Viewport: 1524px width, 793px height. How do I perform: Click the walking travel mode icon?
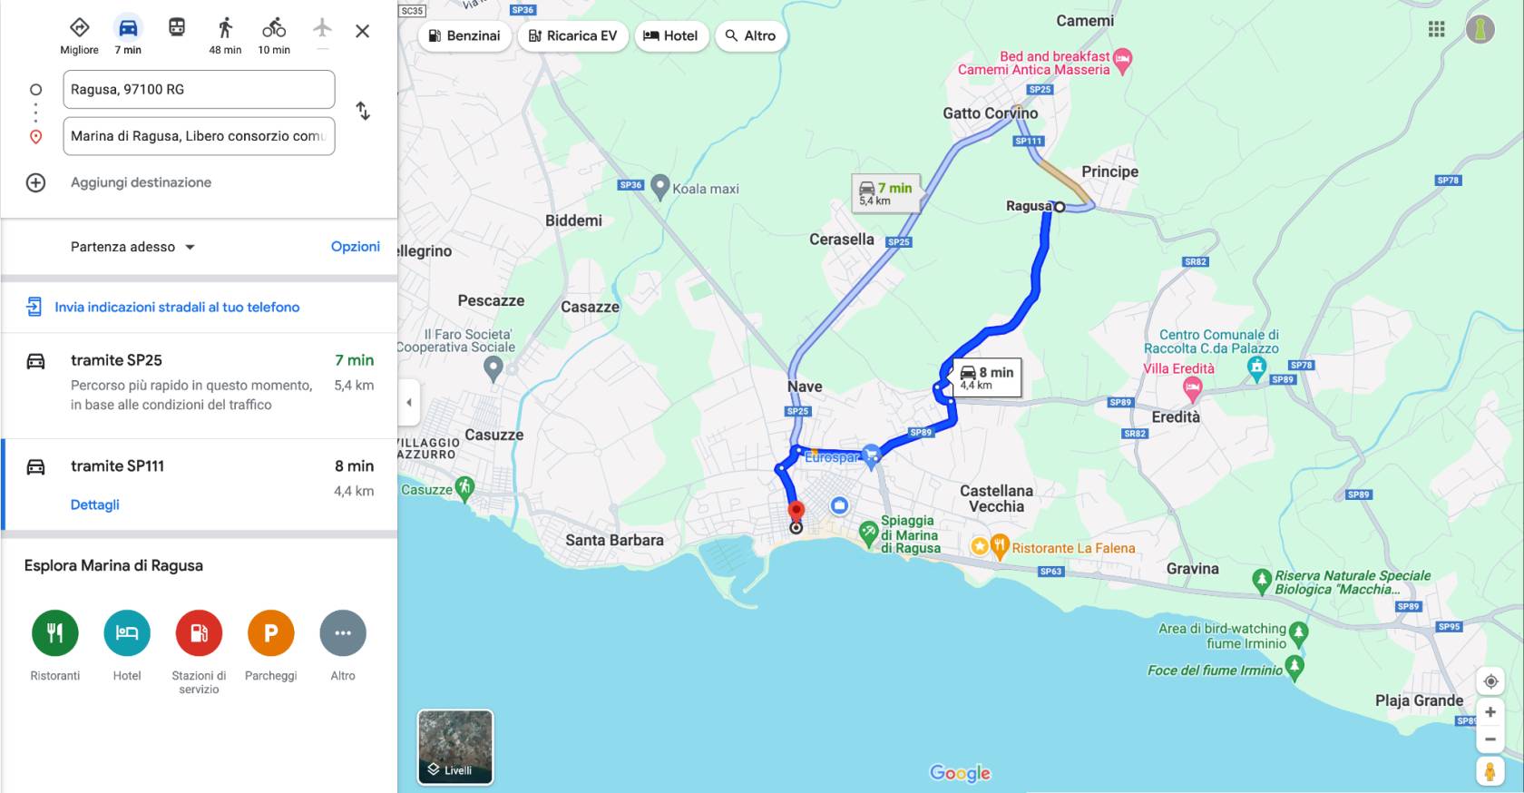[x=225, y=29]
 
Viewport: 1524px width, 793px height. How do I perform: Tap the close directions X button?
[x=362, y=31]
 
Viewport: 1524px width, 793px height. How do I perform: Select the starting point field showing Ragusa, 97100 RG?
[x=199, y=89]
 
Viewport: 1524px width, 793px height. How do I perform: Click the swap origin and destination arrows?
[x=363, y=111]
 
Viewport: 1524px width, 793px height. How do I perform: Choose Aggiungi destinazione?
[x=141, y=182]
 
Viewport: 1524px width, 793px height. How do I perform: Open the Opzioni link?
[x=355, y=247]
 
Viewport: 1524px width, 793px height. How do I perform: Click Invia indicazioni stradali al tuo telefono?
[x=177, y=307]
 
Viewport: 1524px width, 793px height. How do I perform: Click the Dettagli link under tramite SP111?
[x=95, y=504]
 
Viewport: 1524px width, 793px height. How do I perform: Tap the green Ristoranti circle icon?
[x=55, y=632]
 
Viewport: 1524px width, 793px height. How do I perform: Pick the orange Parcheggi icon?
[x=270, y=632]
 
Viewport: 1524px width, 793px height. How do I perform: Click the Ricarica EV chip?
[x=572, y=35]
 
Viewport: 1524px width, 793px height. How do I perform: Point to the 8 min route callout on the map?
[x=987, y=377]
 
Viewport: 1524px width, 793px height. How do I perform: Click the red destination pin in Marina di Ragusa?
[x=796, y=511]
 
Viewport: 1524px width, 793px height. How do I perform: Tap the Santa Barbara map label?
[x=614, y=540]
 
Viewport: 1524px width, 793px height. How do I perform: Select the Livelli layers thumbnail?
[x=455, y=747]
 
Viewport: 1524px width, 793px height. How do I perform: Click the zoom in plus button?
[x=1490, y=712]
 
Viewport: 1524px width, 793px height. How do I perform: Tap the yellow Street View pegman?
[x=1490, y=770]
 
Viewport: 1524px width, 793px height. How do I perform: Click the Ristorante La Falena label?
[x=1073, y=548]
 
